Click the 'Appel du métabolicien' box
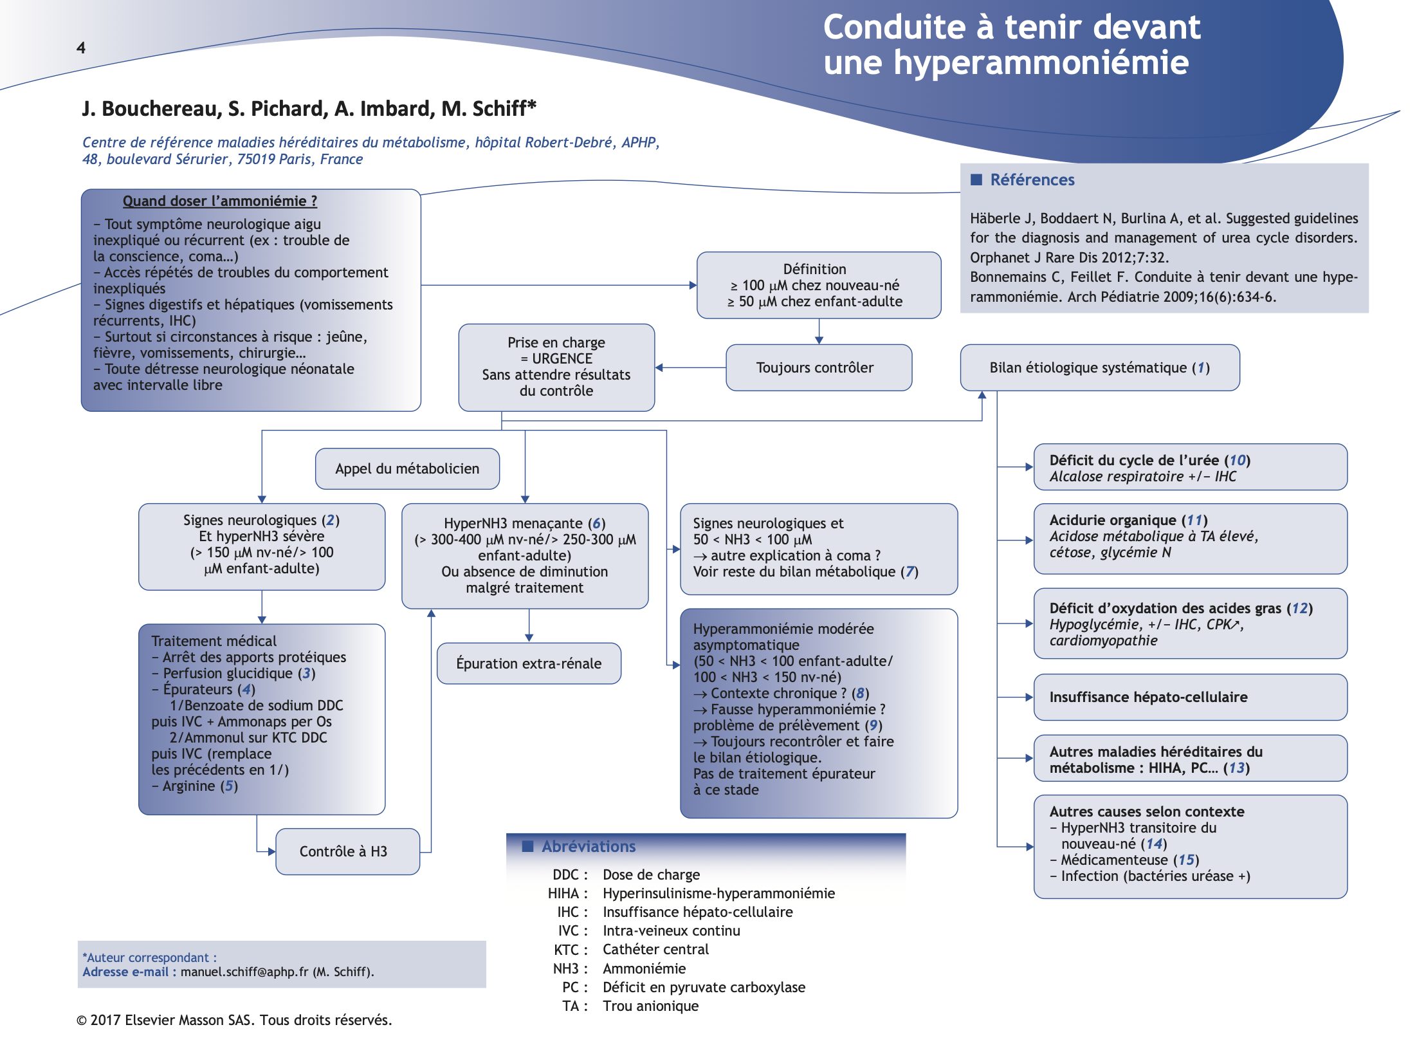point(407,468)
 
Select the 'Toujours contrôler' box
point(818,367)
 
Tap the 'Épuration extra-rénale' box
point(529,663)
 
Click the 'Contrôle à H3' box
point(347,851)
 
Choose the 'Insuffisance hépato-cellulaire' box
point(1189,697)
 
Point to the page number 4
point(81,48)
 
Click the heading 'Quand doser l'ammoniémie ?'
point(219,201)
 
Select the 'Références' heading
point(1032,180)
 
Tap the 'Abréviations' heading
point(588,846)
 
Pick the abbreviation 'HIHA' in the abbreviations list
point(563,893)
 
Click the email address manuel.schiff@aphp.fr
point(244,972)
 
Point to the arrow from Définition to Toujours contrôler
point(818,331)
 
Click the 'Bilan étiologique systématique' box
point(1099,367)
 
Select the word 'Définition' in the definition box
point(814,269)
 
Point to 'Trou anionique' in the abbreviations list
point(650,1006)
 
